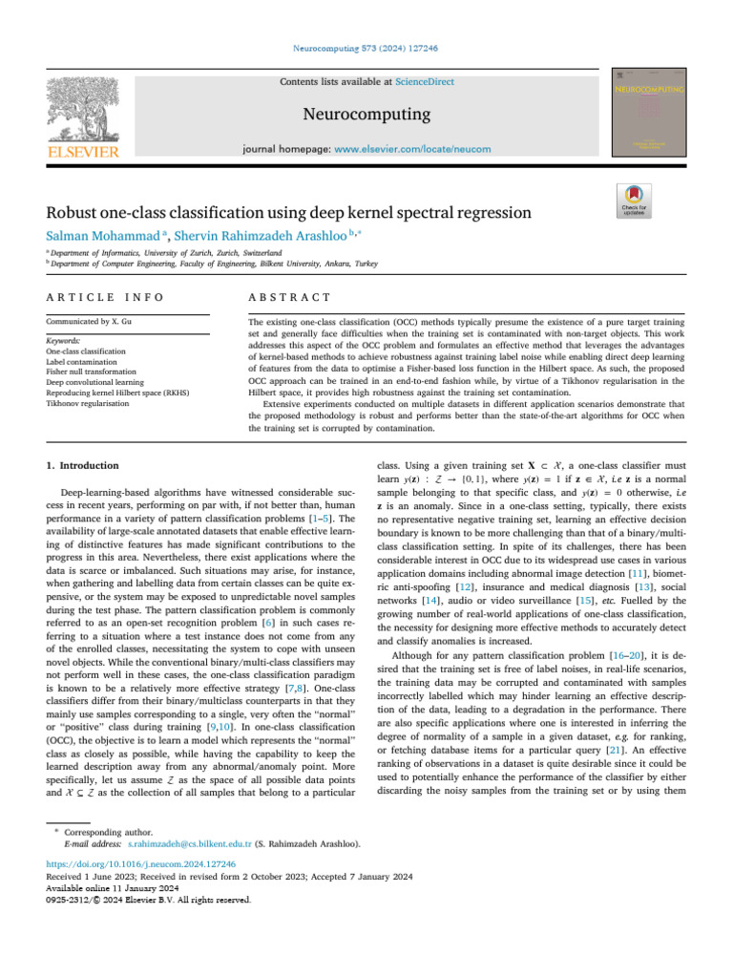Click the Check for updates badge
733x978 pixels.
tap(635, 198)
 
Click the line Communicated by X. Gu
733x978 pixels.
tap(90, 323)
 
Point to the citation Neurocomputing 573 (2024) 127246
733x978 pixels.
tap(366, 48)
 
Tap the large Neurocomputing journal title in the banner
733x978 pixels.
tap(366, 116)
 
